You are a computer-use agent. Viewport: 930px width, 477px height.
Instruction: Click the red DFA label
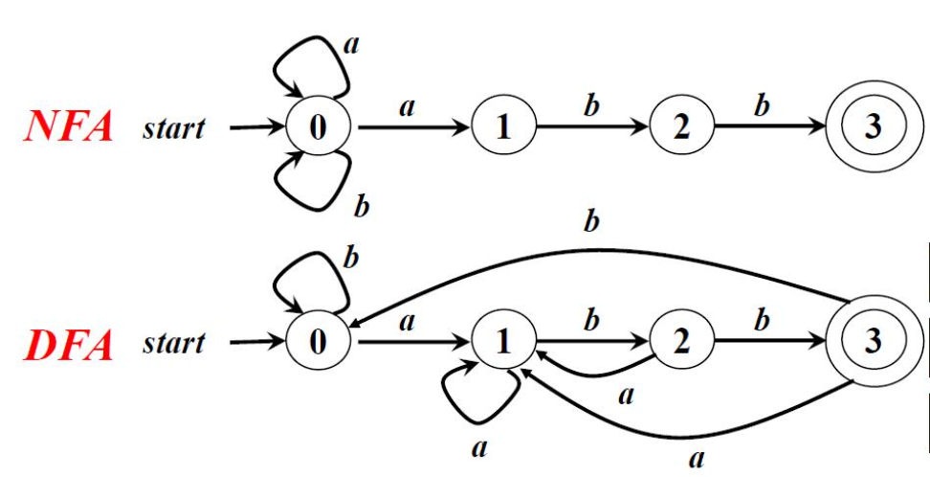click(x=68, y=344)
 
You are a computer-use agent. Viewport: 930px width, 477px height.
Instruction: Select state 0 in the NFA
click(x=318, y=128)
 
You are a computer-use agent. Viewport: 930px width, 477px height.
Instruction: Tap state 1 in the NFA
click(x=503, y=128)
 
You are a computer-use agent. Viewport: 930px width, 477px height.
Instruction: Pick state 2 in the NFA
click(x=681, y=128)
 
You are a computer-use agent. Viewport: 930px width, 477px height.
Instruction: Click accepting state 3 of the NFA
click(x=871, y=128)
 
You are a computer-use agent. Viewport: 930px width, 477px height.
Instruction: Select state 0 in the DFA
click(x=318, y=343)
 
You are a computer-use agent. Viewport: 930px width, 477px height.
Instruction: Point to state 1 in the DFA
click(x=503, y=343)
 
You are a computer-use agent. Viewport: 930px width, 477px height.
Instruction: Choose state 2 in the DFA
click(x=681, y=343)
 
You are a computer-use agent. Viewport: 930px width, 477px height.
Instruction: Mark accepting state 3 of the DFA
click(x=871, y=343)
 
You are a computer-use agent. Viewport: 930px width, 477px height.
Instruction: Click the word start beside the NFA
click(x=174, y=129)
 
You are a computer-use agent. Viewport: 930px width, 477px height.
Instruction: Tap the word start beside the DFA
click(x=174, y=344)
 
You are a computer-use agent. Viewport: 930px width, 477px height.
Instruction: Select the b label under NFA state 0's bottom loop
click(x=362, y=204)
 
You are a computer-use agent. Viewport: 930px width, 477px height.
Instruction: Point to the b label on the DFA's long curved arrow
click(x=591, y=222)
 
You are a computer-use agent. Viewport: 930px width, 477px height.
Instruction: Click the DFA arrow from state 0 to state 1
click(x=411, y=342)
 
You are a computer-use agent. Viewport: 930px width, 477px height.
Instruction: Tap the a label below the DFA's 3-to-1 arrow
click(x=697, y=459)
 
